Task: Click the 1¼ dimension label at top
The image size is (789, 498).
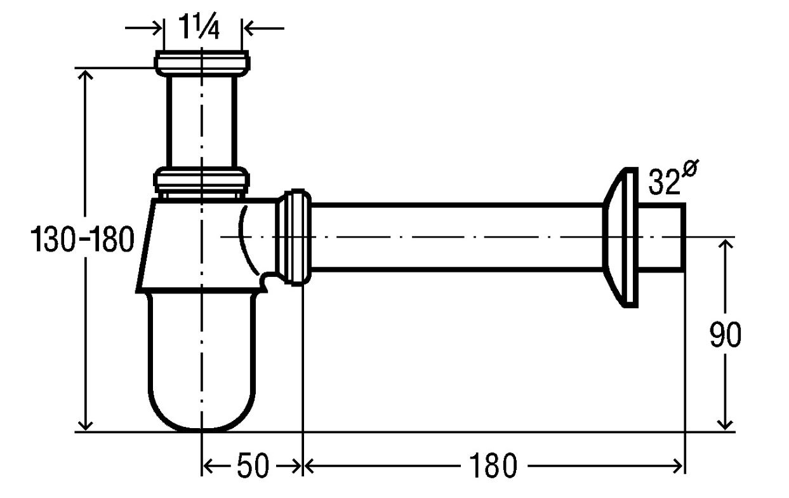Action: [x=199, y=27]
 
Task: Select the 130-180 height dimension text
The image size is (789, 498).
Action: [x=83, y=239]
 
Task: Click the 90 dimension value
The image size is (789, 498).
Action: [x=725, y=335]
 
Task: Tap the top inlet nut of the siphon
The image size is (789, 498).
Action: [x=202, y=64]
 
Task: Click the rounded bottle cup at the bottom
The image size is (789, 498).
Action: [x=202, y=363]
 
